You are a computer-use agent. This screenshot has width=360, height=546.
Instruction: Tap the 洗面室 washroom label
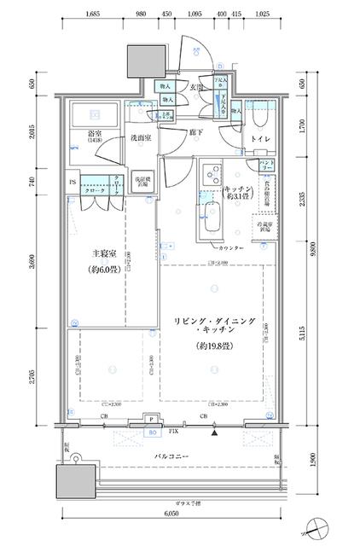pos(141,138)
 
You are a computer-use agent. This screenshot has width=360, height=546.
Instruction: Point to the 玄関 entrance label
pos(196,87)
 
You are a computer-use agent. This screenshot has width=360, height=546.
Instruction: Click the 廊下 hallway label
pos(195,132)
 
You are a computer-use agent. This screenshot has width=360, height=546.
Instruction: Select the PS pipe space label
pos(71,182)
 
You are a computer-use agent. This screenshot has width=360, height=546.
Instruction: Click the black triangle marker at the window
pos(215,432)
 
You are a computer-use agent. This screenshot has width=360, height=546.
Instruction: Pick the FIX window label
pos(173,433)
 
